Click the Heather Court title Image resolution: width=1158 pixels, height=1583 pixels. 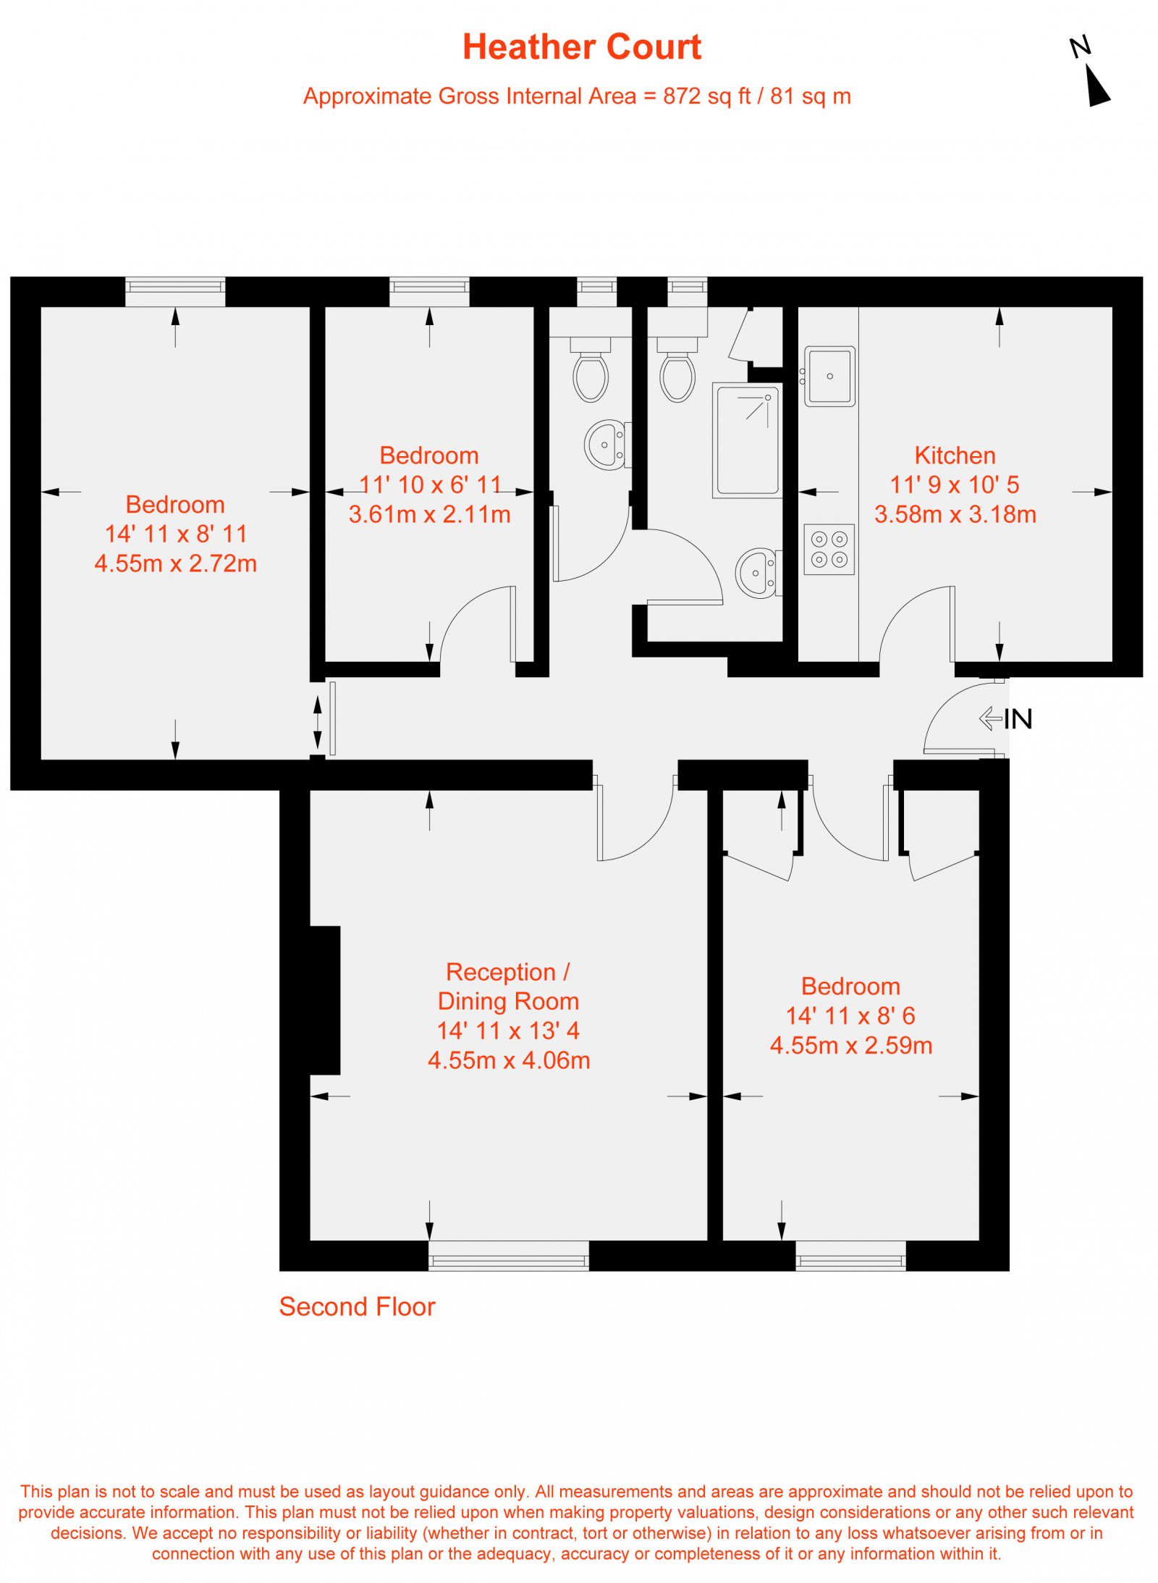581,47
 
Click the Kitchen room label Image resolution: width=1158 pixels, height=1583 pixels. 955,455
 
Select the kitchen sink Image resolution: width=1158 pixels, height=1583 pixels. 829,376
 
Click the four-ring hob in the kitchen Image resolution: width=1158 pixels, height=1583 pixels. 829,549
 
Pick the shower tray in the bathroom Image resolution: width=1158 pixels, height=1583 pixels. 747,440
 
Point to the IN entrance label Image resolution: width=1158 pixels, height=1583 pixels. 1018,719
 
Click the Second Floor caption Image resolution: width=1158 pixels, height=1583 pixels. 357,1307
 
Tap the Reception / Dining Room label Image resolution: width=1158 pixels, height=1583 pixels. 508,986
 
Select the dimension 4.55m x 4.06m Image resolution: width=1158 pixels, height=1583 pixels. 509,1060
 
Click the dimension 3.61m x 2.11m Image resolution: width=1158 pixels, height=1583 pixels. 429,514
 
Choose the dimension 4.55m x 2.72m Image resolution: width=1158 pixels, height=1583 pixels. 175,563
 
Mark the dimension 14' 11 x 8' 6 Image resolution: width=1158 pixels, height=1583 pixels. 850,1016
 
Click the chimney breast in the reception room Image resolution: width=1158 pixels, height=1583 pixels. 325,1000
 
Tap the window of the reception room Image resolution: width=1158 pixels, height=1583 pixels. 508,1256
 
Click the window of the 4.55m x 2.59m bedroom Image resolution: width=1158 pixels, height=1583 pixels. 850,1256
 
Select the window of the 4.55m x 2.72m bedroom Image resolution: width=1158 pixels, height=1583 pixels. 175,292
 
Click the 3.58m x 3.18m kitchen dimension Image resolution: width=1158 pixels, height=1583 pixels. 955,514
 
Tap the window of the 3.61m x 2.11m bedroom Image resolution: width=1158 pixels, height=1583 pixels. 429,292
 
